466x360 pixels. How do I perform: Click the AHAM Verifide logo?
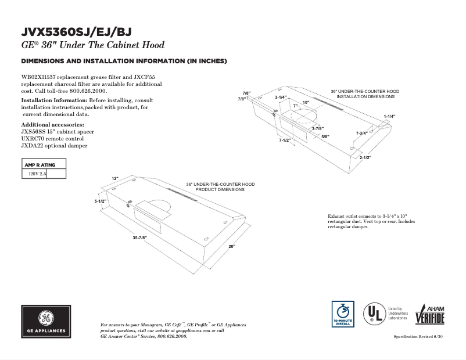coord(429,315)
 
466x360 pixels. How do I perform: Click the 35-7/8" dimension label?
coord(139,238)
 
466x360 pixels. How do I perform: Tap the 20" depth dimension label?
coord(231,247)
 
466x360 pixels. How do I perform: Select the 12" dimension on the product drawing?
coord(115,178)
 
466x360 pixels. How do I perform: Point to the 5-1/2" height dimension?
coord(101,201)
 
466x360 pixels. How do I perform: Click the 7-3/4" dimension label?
coord(361,134)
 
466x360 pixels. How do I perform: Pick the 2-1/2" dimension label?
coord(365,158)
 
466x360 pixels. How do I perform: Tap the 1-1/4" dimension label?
coord(389,117)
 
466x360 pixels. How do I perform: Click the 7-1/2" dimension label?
coord(285,140)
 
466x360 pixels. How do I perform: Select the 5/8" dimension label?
coord(325,136)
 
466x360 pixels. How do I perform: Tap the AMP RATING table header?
coord(40,165)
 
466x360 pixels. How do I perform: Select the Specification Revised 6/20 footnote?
coord(419,337)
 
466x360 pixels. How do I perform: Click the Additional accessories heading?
coord(52,125)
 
